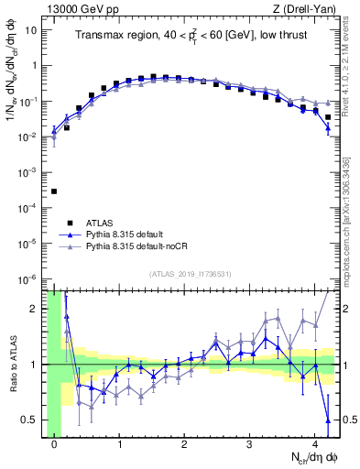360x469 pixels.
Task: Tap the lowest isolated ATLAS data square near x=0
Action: (x=54, y=191)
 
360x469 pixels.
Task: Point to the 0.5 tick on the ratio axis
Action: (x=31, y=420)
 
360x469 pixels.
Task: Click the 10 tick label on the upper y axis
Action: (x=30, y=30)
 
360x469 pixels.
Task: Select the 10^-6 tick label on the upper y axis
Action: (x=27, y=278)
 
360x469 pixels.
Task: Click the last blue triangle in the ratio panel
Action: (x=327, y=420)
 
